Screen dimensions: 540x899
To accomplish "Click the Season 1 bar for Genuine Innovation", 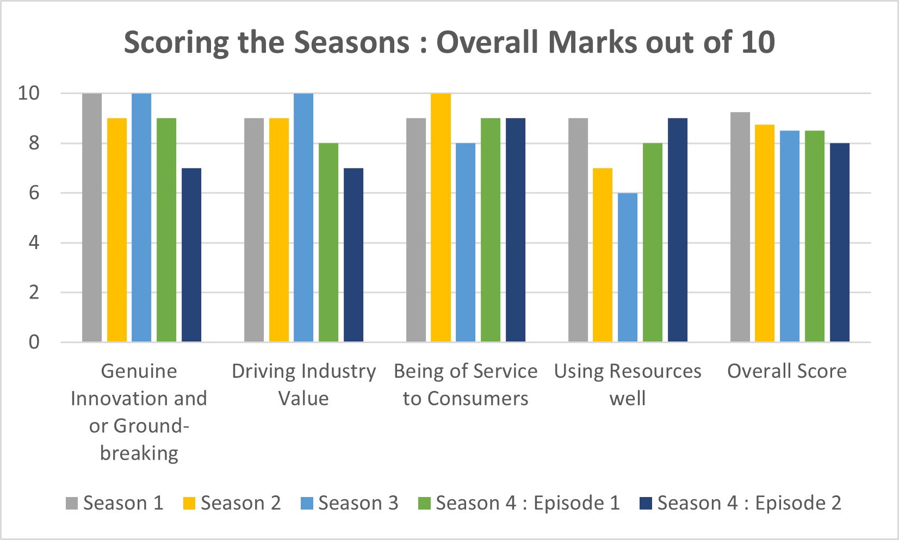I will [92, 218].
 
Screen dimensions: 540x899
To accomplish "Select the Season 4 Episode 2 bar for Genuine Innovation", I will [191, 255].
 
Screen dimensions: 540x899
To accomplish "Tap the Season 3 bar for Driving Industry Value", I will [303, 218].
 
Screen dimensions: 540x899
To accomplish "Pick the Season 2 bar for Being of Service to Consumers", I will [441, 218].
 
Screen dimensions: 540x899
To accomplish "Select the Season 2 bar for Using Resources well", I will [603, 255].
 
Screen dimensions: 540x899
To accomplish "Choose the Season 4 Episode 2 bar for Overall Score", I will [840, 243].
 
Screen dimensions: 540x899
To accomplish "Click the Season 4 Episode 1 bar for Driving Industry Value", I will [328, 243].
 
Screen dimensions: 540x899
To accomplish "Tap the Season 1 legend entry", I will [115, 503].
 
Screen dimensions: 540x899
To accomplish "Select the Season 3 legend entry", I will [349, 503].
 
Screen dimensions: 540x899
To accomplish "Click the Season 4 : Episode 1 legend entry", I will [519, 503].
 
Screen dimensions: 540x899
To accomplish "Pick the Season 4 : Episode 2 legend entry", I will [741, 503].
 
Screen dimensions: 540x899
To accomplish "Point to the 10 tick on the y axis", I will [29, 94].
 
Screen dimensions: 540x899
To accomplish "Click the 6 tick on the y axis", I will [34, 193].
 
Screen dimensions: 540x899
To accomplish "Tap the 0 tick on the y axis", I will [34, 342].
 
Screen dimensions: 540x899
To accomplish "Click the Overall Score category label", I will [787, 371].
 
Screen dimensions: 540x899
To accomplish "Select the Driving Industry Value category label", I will [303, 384].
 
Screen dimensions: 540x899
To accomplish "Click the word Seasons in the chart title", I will [351, 42].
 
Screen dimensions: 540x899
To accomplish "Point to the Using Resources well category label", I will [628, 384].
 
